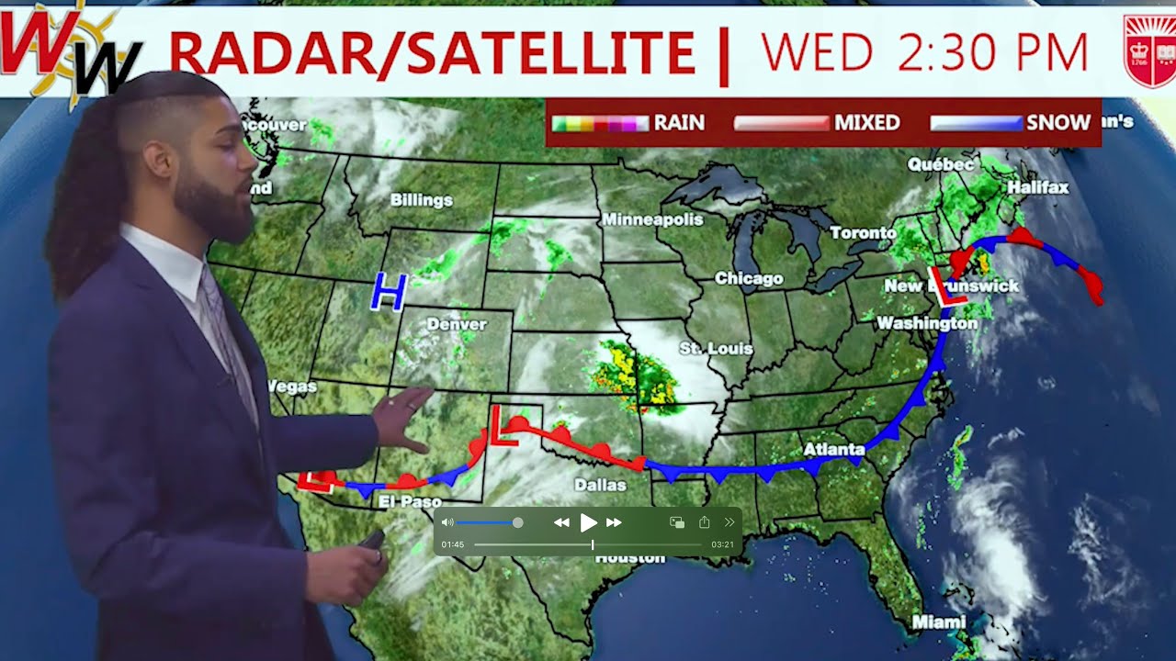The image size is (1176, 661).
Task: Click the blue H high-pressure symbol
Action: pyautogui.click(x=389, y=291)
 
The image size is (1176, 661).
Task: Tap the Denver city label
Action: pyautogui.click(x=457, y=324)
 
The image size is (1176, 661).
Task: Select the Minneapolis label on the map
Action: pyautogui.click(x=652, y=219)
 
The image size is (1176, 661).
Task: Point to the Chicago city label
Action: pyautogui.click(x=749, y=278)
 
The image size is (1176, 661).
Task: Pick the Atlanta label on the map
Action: pyautogui.click(x=834, y=449)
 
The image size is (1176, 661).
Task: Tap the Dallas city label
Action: pyautogui.click(x=600, y=485)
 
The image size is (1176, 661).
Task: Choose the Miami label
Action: pyautogui.click(x=939, y=622)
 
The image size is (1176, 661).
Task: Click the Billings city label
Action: pyautogui.click(x=422, y=199)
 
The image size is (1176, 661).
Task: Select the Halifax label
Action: pyautogui.click(x=1038, y=187)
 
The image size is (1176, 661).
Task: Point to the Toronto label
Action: pyautogui.click(x=864, y=233)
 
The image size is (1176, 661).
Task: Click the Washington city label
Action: pyautogui.click(x=927, y=323)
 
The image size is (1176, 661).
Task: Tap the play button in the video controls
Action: pyautogui.click(x=588, y=522)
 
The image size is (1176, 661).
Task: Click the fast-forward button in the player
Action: pyautogui.click(x=614, y=522)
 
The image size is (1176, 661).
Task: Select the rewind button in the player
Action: pyautogui.click(x=561, y=522)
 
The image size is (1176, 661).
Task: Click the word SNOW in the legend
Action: pyautogui.click(x=1057, y=123)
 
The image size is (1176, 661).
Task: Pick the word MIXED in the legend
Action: pyautogui.click(x=866, y=123)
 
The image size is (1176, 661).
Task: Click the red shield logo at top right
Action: pyautogui.click(x=1149, y=50)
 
